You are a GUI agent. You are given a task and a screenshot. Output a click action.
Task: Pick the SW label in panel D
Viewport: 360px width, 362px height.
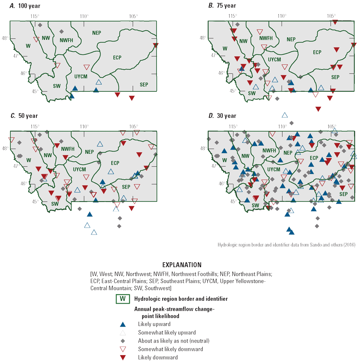click(255, 205)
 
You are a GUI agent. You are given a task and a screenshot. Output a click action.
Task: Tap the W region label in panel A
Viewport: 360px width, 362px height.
click(28, 46)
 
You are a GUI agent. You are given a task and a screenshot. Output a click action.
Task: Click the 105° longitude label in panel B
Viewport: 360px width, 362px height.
click(331, 16)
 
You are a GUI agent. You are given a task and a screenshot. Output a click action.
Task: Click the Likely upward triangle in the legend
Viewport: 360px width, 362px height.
click(122, 325)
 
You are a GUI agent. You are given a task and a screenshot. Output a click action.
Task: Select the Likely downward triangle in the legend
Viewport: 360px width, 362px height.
click(122, 357)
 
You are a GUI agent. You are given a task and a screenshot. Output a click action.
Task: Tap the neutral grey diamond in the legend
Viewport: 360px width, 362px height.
click(122, 341)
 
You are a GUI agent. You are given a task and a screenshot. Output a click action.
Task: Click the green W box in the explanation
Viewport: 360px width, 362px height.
click(122, 299)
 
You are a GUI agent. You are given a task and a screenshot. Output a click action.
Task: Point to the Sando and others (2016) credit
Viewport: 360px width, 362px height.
click(286, 245)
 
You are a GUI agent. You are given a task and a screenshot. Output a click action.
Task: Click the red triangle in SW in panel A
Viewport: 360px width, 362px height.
click(58, 65)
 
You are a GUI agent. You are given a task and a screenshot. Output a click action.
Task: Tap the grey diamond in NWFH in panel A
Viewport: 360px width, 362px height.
click(62, 32)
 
